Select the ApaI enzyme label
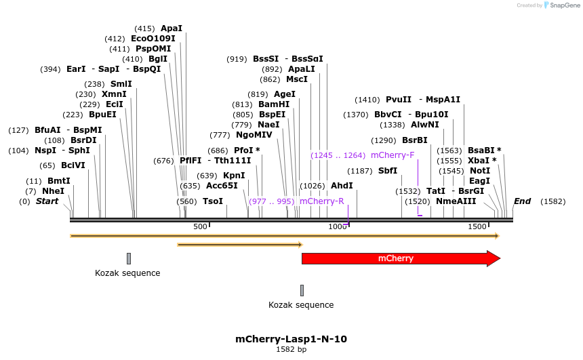[172, 28]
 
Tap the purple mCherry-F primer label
[393, 155]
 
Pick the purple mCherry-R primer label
[321, 201]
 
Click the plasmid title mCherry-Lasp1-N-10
[291, 339]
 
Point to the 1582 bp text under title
[291, 350]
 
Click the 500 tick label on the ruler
[200, 226]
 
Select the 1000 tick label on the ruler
[338, 226]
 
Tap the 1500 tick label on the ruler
[477, 226]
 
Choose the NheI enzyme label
[53, 191]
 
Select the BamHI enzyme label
[274, 104]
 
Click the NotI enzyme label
[479, 171]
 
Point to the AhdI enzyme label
[342, 186]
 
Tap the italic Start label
[47, 201]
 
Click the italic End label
[522, 201]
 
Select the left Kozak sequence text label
[127, 273]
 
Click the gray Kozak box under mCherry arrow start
[302, 290]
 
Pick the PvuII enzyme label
[399, 100]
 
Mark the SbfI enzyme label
[388, 171]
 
